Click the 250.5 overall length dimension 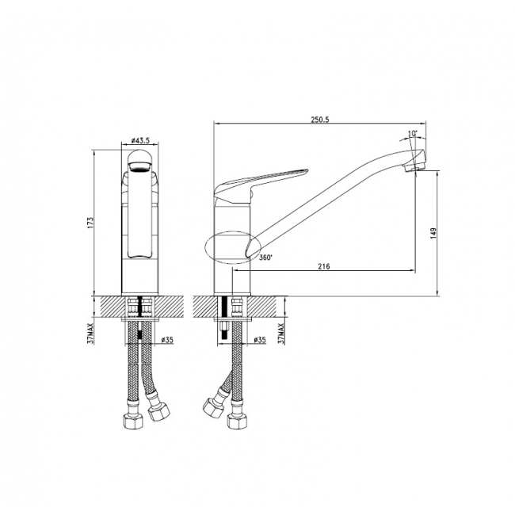319,120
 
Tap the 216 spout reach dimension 324,266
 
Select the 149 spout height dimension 433,233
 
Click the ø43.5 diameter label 140,140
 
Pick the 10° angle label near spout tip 413,134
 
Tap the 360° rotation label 265,257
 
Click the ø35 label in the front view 167,340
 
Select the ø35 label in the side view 260,340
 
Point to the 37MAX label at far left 90,333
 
